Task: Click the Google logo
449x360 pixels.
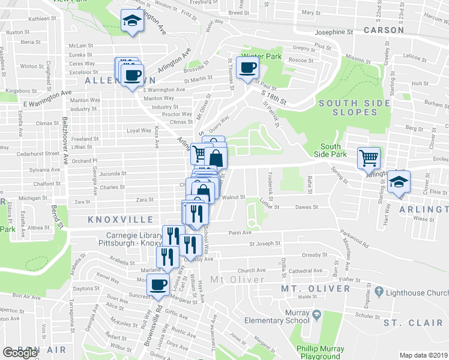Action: [x=20, y=353]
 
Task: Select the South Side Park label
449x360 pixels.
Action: [x=330, y=151]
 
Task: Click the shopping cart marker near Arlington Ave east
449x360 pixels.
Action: [x=369, y=158]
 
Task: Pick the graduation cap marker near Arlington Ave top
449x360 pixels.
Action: [x=131, y=21]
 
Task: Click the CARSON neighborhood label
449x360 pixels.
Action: [x=383, y=30]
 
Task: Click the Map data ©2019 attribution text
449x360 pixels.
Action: [x=423, y=355]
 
